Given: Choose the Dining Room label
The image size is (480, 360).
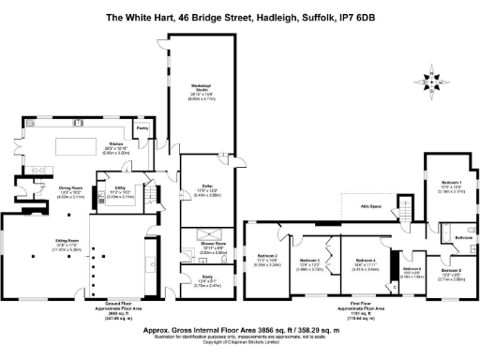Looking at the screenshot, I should pyautogui.click(x=45, y=191).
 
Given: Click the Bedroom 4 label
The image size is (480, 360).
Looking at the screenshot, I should pyautogui.click(x=367, y=262).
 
